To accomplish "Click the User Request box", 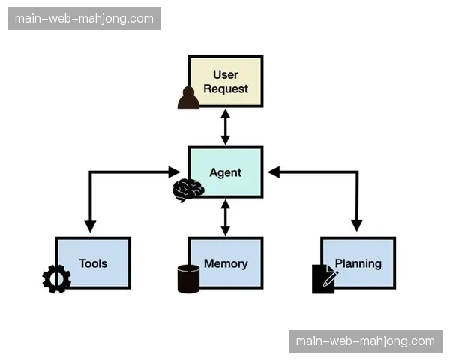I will (x=225, y=81).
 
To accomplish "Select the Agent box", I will (x=225, y=172).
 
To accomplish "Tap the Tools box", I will (x=93, y=263).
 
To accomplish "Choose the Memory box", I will (x=225, y=263).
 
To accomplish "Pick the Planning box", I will (x=358, y=263).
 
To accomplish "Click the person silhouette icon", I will (x=188, y=98).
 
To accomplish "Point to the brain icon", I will (x=187, y=190).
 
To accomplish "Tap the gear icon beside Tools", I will (x=56, y=279).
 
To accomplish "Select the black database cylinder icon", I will (x=188, y=278).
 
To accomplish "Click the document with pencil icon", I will (x=324, y=278).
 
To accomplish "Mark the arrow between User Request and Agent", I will (x=225, y=127).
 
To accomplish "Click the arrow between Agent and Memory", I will (x=225, y=217).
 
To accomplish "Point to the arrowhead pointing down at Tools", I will (x=91, y=225).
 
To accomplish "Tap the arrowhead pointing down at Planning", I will (x=357, y=225).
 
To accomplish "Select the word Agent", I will (x=225, y=172).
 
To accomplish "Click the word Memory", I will (x=226, y=263).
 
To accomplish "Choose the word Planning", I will (x=358, y=263).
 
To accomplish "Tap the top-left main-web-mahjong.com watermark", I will (x=84, y=19).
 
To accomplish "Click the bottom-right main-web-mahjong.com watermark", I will (x=365, y=341).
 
